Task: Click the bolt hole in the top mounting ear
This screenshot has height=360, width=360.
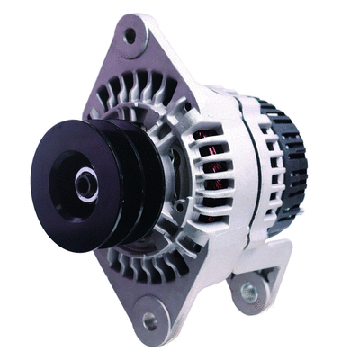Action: point(130,36)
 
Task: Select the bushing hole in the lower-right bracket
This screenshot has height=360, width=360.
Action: point(249,292)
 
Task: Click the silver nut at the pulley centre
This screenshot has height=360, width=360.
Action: point(85,185)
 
